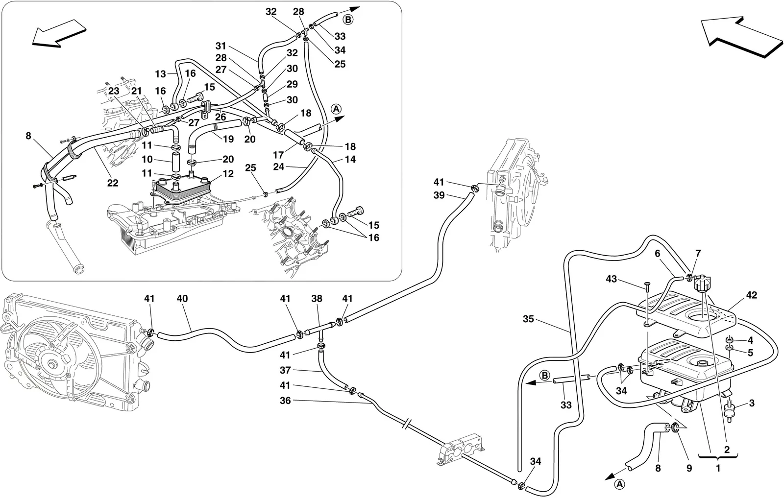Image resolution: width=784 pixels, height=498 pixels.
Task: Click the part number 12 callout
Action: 228,174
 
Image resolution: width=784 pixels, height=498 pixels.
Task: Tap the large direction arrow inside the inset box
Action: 59,32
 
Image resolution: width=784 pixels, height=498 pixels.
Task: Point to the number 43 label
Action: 612,279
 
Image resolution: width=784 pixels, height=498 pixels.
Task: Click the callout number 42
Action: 752,295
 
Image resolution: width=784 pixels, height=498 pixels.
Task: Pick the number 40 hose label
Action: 182,299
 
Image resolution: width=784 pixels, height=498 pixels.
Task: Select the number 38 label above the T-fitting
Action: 317,299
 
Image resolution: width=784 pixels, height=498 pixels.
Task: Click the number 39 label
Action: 439,195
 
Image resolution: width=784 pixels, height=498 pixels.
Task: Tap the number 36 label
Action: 285,401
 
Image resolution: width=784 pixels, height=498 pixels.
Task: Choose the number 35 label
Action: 529,319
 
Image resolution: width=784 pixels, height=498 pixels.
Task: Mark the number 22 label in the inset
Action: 113,183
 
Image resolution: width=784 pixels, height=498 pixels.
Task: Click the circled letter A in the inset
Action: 336,109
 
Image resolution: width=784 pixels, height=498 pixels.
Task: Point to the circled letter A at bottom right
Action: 620,484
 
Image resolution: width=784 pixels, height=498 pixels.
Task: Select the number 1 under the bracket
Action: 718,468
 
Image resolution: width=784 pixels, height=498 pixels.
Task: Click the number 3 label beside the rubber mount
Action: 752,403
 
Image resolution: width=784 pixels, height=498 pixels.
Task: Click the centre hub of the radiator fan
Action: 53,364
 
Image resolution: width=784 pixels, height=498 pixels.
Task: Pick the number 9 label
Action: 689,468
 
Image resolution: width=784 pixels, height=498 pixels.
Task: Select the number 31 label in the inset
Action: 221,46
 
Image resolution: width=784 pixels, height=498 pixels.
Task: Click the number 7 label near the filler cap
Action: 698,254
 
